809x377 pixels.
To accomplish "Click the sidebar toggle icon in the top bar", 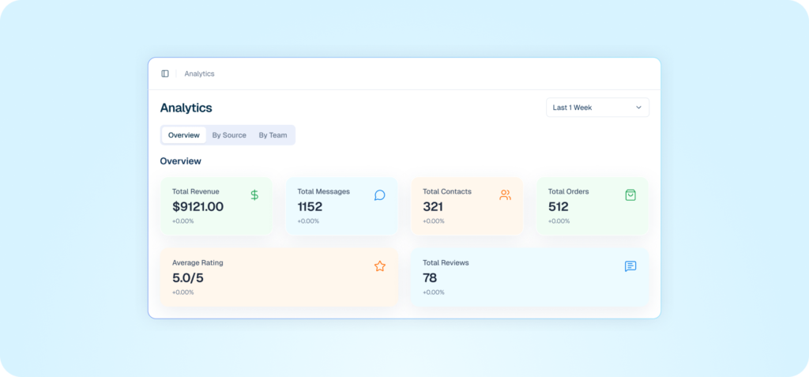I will pos(165,74).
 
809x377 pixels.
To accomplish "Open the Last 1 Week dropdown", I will pos(597,107).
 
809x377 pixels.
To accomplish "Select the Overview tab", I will pos(184,135).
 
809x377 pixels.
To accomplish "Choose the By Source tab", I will pos(229,135).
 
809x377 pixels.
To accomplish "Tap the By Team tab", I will pos(273,135).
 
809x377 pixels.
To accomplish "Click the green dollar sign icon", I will pos(254,195).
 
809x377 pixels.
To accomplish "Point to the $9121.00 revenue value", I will pos(198,207).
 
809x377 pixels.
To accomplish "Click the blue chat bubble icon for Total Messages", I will pos(379,195).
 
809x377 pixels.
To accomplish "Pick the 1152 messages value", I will pos(310,207).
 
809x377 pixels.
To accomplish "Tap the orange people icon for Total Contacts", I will pos(505,195).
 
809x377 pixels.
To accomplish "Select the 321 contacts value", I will pos(433,207).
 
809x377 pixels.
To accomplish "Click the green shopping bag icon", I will pos(630,195).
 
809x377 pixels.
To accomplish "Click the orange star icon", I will pos(380,266).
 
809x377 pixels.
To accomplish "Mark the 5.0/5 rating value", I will pos(189,277).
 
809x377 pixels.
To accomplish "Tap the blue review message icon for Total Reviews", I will pos(630,266).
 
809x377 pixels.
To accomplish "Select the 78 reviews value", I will pos(430,277).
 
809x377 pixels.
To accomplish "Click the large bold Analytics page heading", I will pos(186,108).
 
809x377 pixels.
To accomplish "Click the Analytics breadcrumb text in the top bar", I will pos(199,74).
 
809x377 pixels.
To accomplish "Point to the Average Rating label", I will pos(198,262).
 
